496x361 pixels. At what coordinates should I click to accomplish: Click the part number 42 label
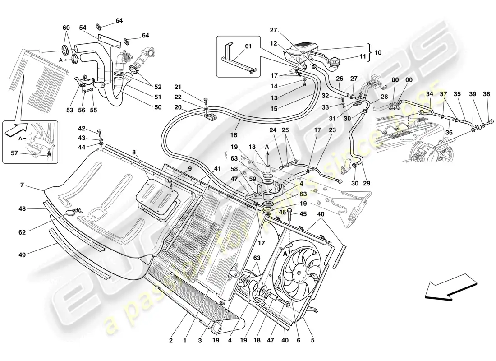pos(82,128)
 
